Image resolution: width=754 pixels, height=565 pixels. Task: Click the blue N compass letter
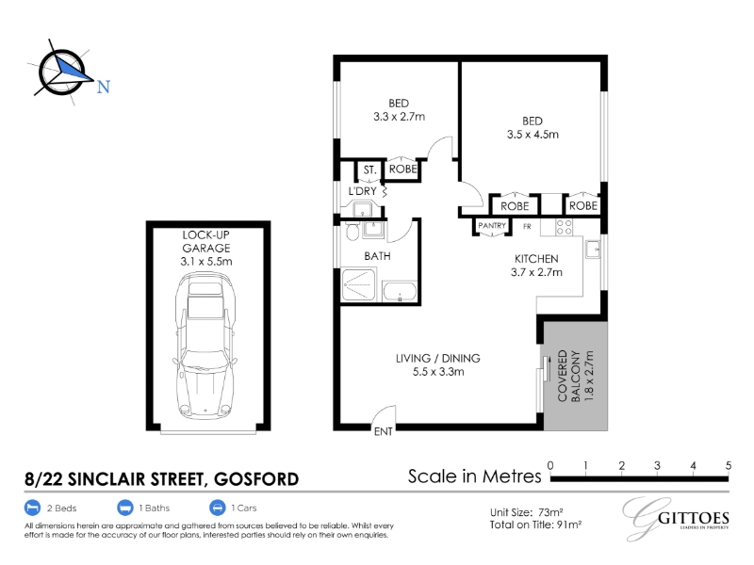[104, 87]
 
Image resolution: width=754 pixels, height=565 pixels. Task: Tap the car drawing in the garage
[205, 346]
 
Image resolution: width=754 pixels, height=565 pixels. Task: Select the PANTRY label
[492, 225]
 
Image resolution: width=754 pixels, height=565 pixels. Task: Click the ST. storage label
[369, 169]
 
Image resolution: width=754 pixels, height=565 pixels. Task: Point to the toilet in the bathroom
[352, 231]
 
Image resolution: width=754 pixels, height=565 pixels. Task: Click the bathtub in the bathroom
[399, 292]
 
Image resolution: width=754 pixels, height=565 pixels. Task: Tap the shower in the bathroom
[358, 285]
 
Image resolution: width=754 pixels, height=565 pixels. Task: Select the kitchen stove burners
[564, 227]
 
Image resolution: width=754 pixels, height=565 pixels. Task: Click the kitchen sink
[593, 250]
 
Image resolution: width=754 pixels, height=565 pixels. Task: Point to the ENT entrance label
[384, 432]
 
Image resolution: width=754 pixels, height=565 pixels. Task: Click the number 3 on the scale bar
[657, 465]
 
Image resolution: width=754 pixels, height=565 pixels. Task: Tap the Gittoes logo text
[693, 519]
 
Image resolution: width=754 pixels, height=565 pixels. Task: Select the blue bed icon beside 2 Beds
[32, 508]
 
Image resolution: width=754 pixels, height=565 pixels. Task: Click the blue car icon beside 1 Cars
[218, 508]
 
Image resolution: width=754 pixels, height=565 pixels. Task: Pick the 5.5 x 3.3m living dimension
[438, 372]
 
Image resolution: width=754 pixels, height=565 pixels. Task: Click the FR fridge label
[527, 226]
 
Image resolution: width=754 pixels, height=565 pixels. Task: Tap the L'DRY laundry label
[362, 191]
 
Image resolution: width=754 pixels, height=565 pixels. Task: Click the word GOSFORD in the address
[256, 479]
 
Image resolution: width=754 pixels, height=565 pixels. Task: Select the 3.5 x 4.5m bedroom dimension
[533, 135]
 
